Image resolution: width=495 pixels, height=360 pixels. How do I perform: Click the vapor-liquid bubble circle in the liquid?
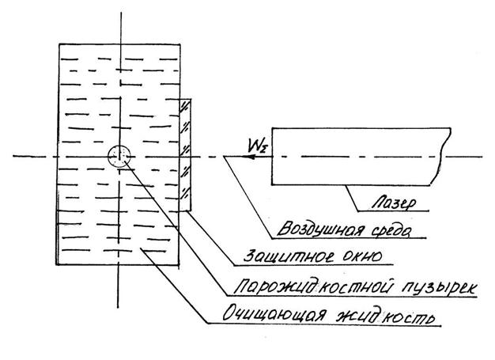tap(119, 156)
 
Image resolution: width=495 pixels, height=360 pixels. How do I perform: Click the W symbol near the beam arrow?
tap(255, 144)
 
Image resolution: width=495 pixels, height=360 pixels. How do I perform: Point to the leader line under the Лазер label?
tap(395, 214)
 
